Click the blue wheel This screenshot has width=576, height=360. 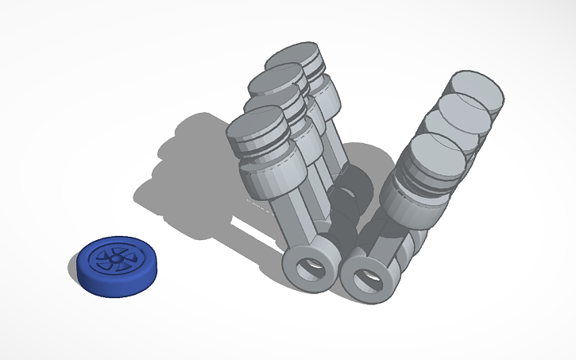coord(118,265)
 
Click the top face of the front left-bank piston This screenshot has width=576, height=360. coord(257,127)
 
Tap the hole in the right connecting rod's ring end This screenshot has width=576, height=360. coord(367,278)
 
